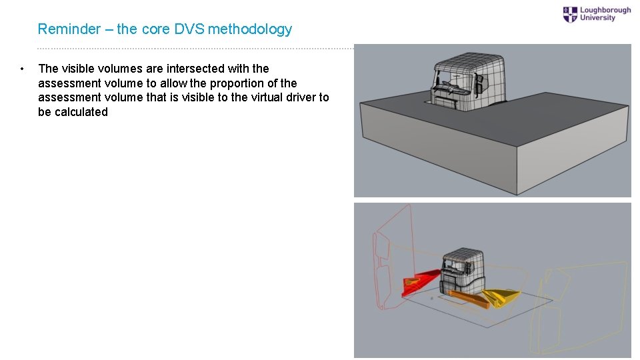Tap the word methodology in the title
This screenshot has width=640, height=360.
pos(251,29)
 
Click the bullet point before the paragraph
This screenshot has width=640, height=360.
pos(23,69)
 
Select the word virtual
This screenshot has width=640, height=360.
pos(268,97)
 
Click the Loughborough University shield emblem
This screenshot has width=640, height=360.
pos(570,15)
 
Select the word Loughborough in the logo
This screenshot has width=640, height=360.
pos(605,11)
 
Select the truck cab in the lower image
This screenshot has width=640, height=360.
pos(463,270)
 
